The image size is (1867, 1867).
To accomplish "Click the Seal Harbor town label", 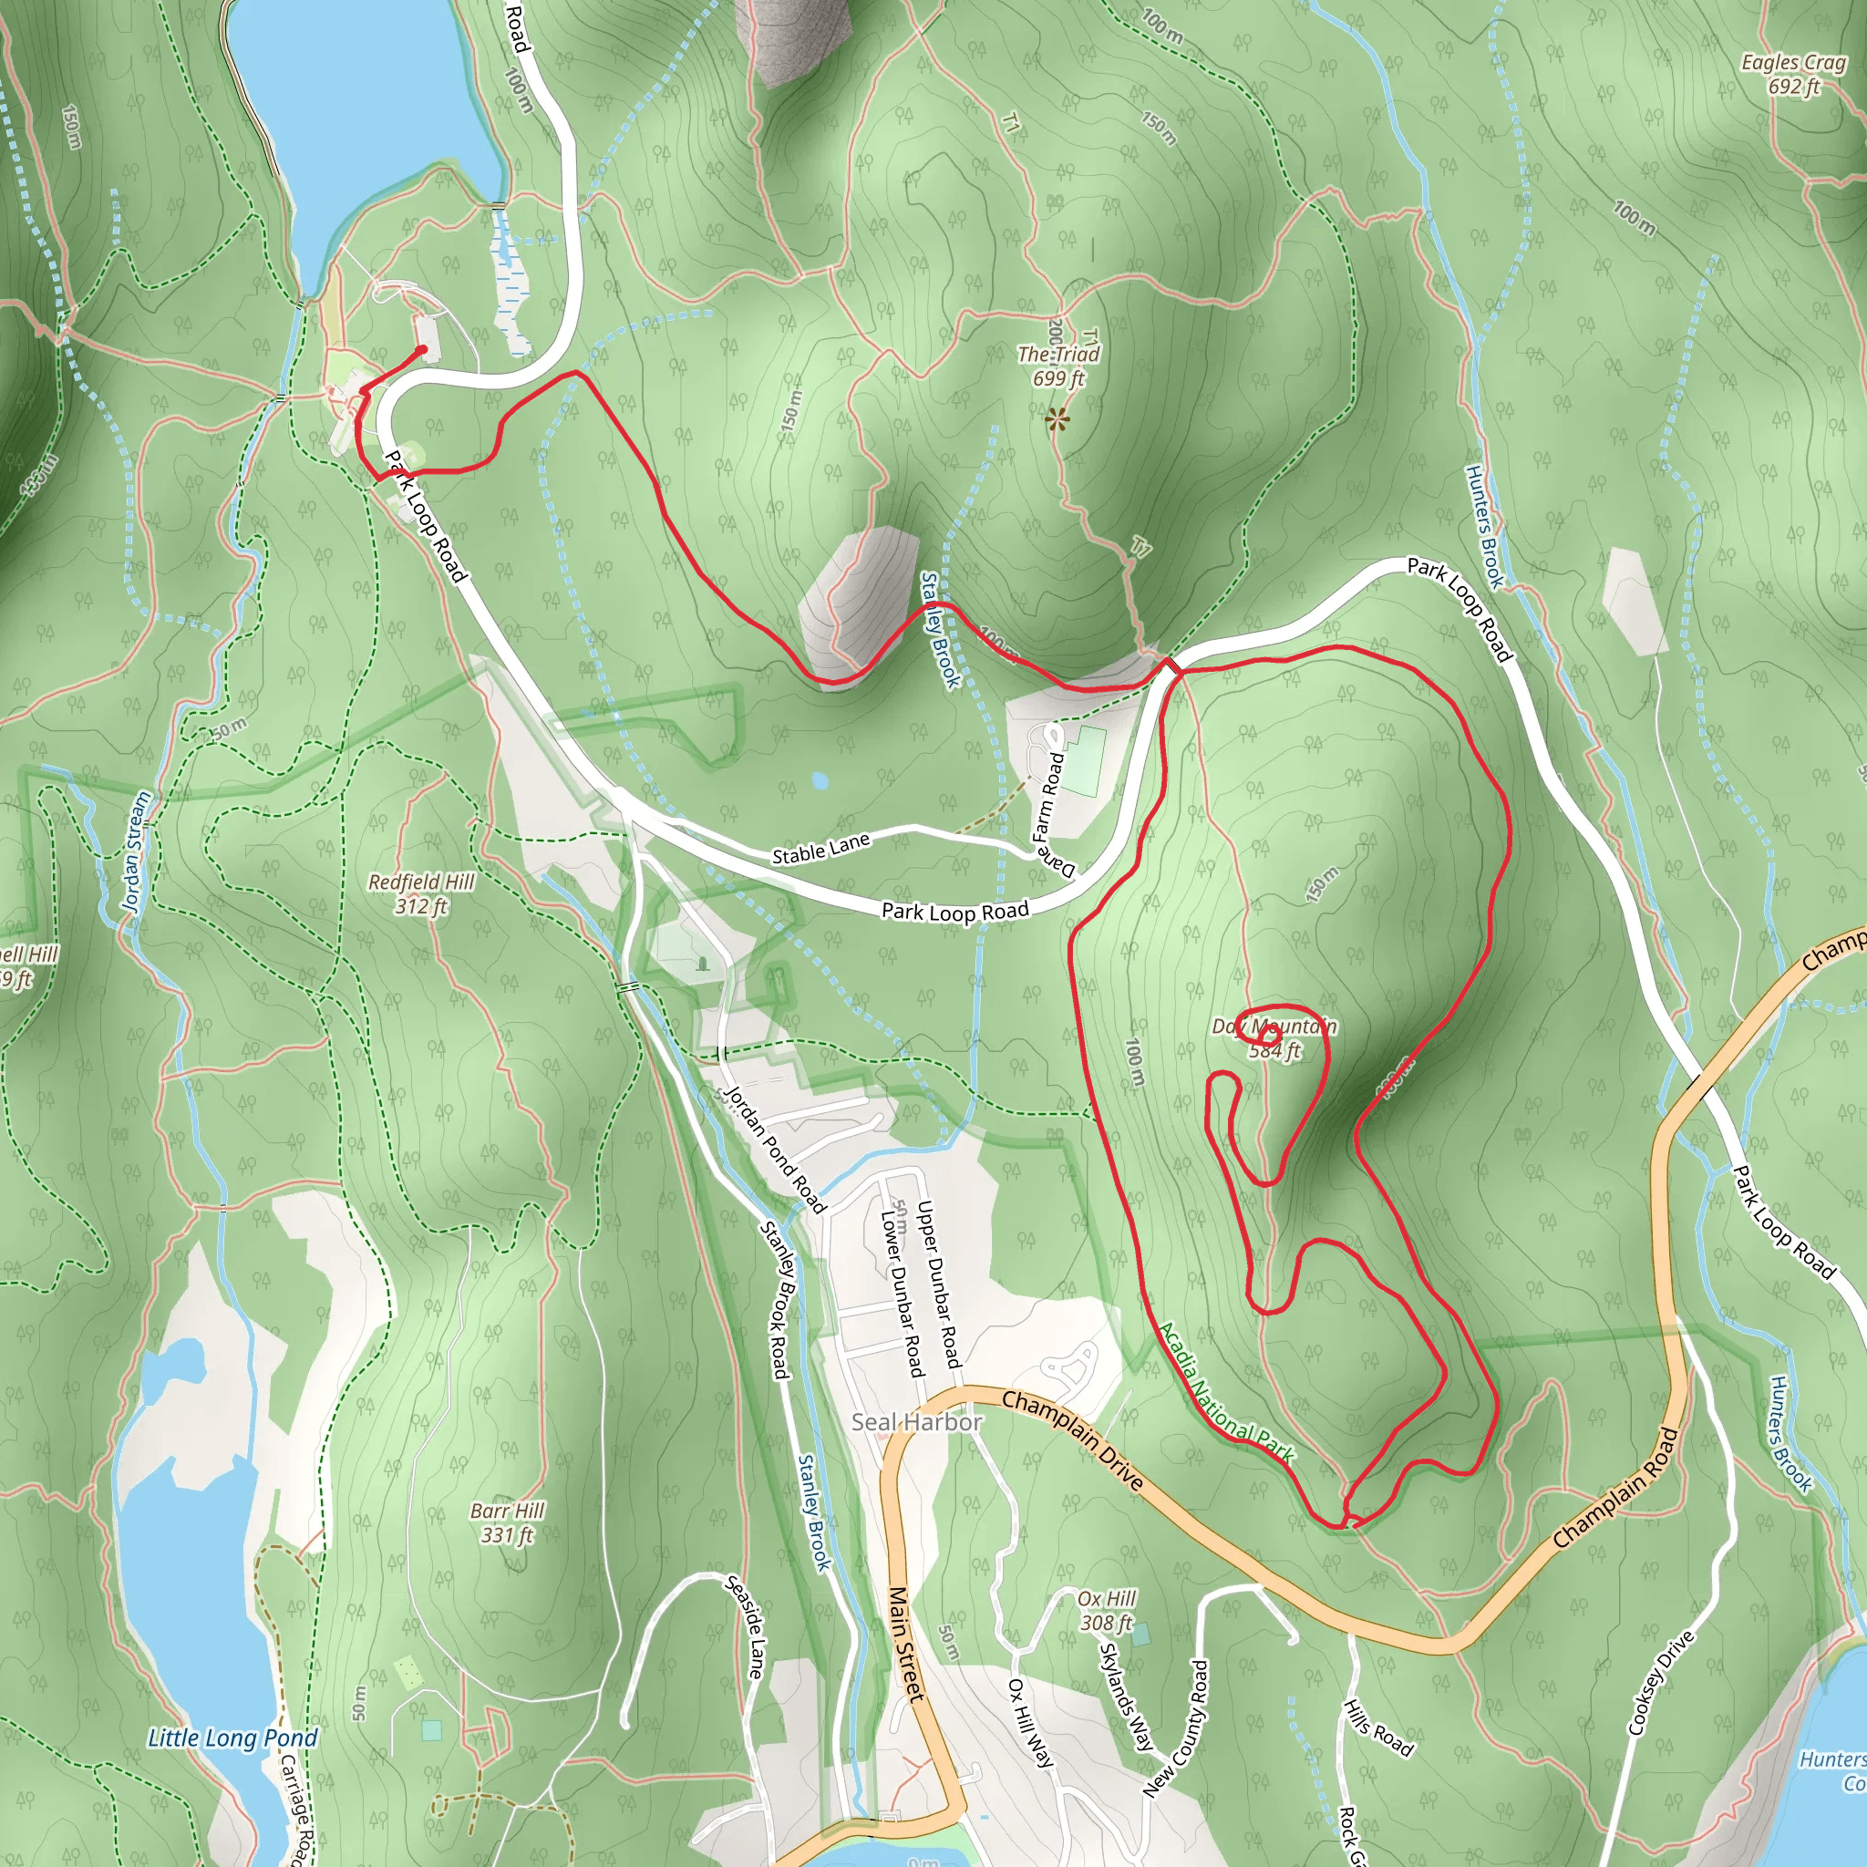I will pyautogui.click(x=916, y=1421).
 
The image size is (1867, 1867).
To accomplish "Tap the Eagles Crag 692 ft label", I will pyautogui.click(x=1793, y=75).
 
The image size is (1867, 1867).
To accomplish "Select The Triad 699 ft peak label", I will pyautogui.click(x=1059, y=366).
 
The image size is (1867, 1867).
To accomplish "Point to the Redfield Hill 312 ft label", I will pyautogui.click(x=421, y=894).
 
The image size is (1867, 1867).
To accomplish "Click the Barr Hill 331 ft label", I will pyautogui.click(x=508, y=1522).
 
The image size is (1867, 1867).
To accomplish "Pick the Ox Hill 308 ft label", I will pyautogui.click(x=1107, y=1611).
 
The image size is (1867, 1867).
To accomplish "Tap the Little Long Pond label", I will pyautogui.click(x=232, y=1738).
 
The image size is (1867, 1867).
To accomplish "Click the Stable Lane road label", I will pyautogui.click(x=820, y=849).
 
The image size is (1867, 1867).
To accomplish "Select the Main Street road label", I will pyautogui.click(x=905, y=1643).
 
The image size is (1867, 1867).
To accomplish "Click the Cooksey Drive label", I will pyautogui.click(x=1661, y=1683).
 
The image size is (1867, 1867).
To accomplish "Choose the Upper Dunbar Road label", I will pyautogui.click(x=938, y=1284).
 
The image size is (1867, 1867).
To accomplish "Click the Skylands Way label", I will pyautogui.click(x=1126, y=1697).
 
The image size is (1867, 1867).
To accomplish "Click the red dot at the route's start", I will pyautogui.click(x=422, y=350).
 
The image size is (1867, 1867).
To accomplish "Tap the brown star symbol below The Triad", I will pyautogui.click(x=1058, y=419).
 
